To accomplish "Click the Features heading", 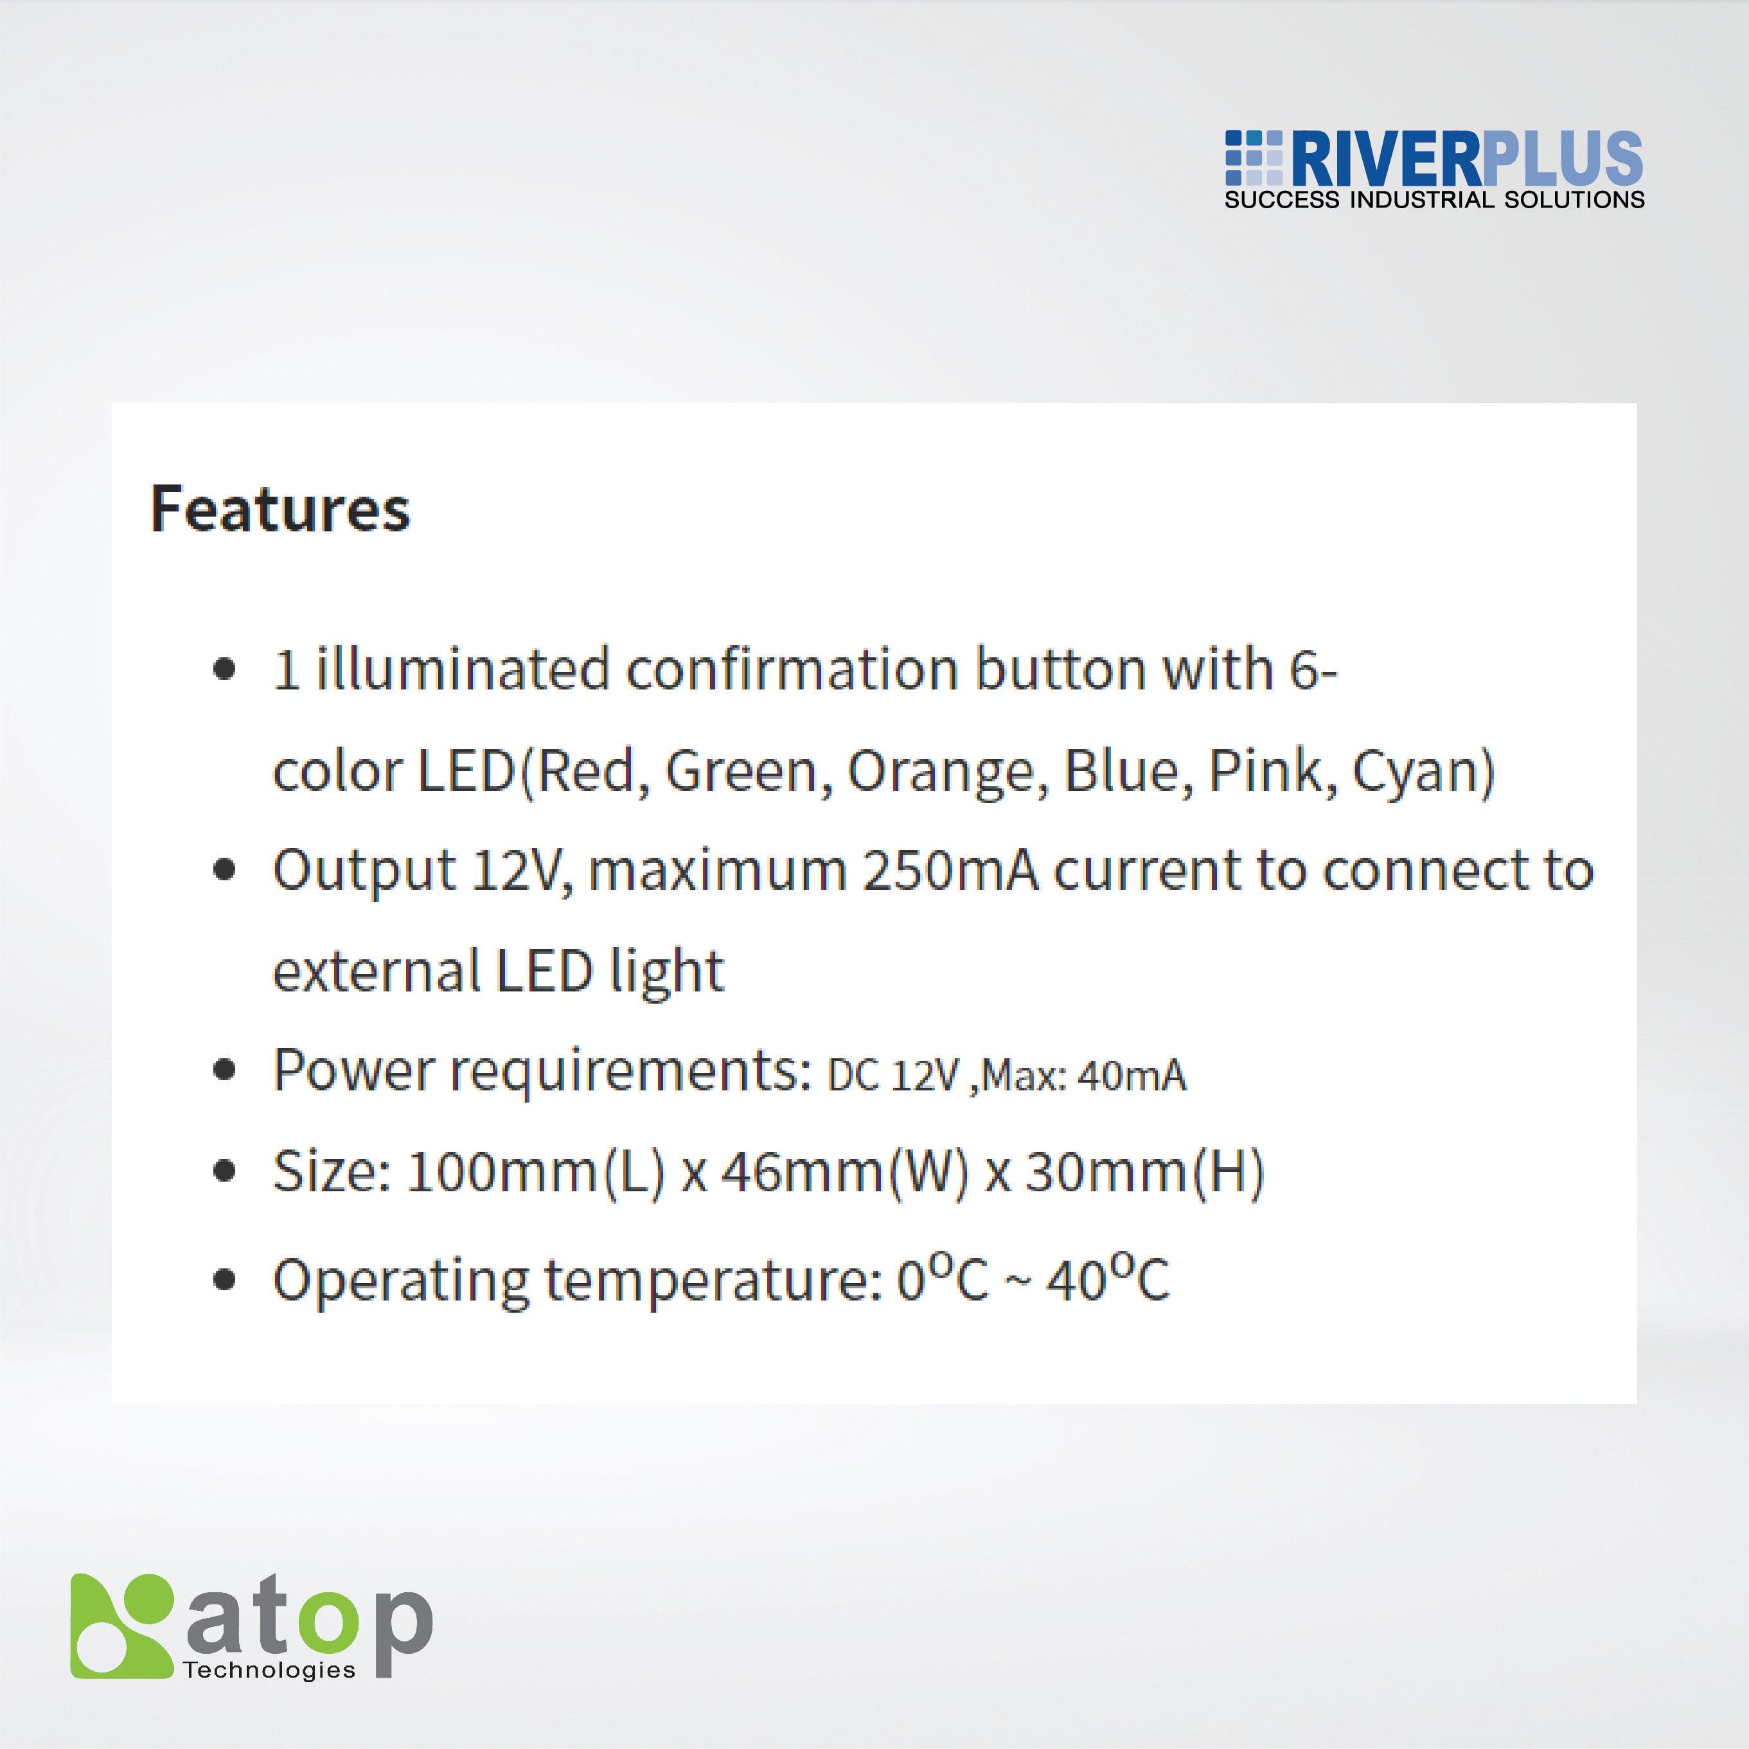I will coord(280,509).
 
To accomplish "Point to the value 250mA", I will coord(950,871).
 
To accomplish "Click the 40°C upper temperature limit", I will coord(1107,1280).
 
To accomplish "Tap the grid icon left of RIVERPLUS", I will coord(1253,159).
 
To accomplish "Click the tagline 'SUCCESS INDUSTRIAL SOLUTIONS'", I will coord(1434,200).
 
